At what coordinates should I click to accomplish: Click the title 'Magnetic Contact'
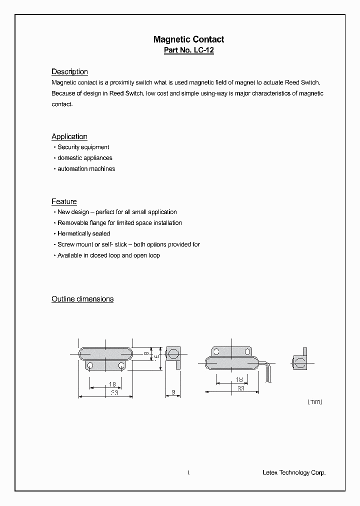pyautogui.click(x=188, y=39)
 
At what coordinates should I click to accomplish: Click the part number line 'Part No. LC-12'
pyautogui.click(x=188, y=50)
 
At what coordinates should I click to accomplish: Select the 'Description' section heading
pyautogui.click(x=69, y=71)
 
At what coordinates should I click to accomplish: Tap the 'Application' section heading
pyautogui.click(x=69, y=136)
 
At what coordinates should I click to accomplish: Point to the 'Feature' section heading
pyautogui.click(x=64, y=201)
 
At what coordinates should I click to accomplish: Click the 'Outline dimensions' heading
pyautogui.click(x=82, y=299)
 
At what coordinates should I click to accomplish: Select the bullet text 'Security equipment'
pyautogui.click(x=83, y=147)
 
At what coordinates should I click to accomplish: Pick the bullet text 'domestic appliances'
pyautogui.click(x=84, y=158)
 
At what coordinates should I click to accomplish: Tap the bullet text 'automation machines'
pyautogui.click(x=86, y=169)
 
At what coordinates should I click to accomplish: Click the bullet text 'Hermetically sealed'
pyautogui.click(x=84, y=233)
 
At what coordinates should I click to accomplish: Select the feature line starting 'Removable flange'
pyautogui.click(x=119, y=223)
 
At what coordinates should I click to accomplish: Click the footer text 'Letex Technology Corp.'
pyautogui.click(x=294, y=472)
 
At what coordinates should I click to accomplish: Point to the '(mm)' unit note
pyautogui.click(x=314, y=401)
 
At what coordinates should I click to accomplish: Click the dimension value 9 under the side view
pyautogui.click(x=173, y=392)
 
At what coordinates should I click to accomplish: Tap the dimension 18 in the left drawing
pyautogui.click(x=112, y=385)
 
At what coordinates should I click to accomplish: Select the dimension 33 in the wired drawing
pyautogui.click(x=240, y=388)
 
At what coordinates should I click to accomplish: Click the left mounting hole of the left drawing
pyautogui.click(x=90, y=366)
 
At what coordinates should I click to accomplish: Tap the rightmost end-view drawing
pyautogui.click(x=299, y=362)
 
